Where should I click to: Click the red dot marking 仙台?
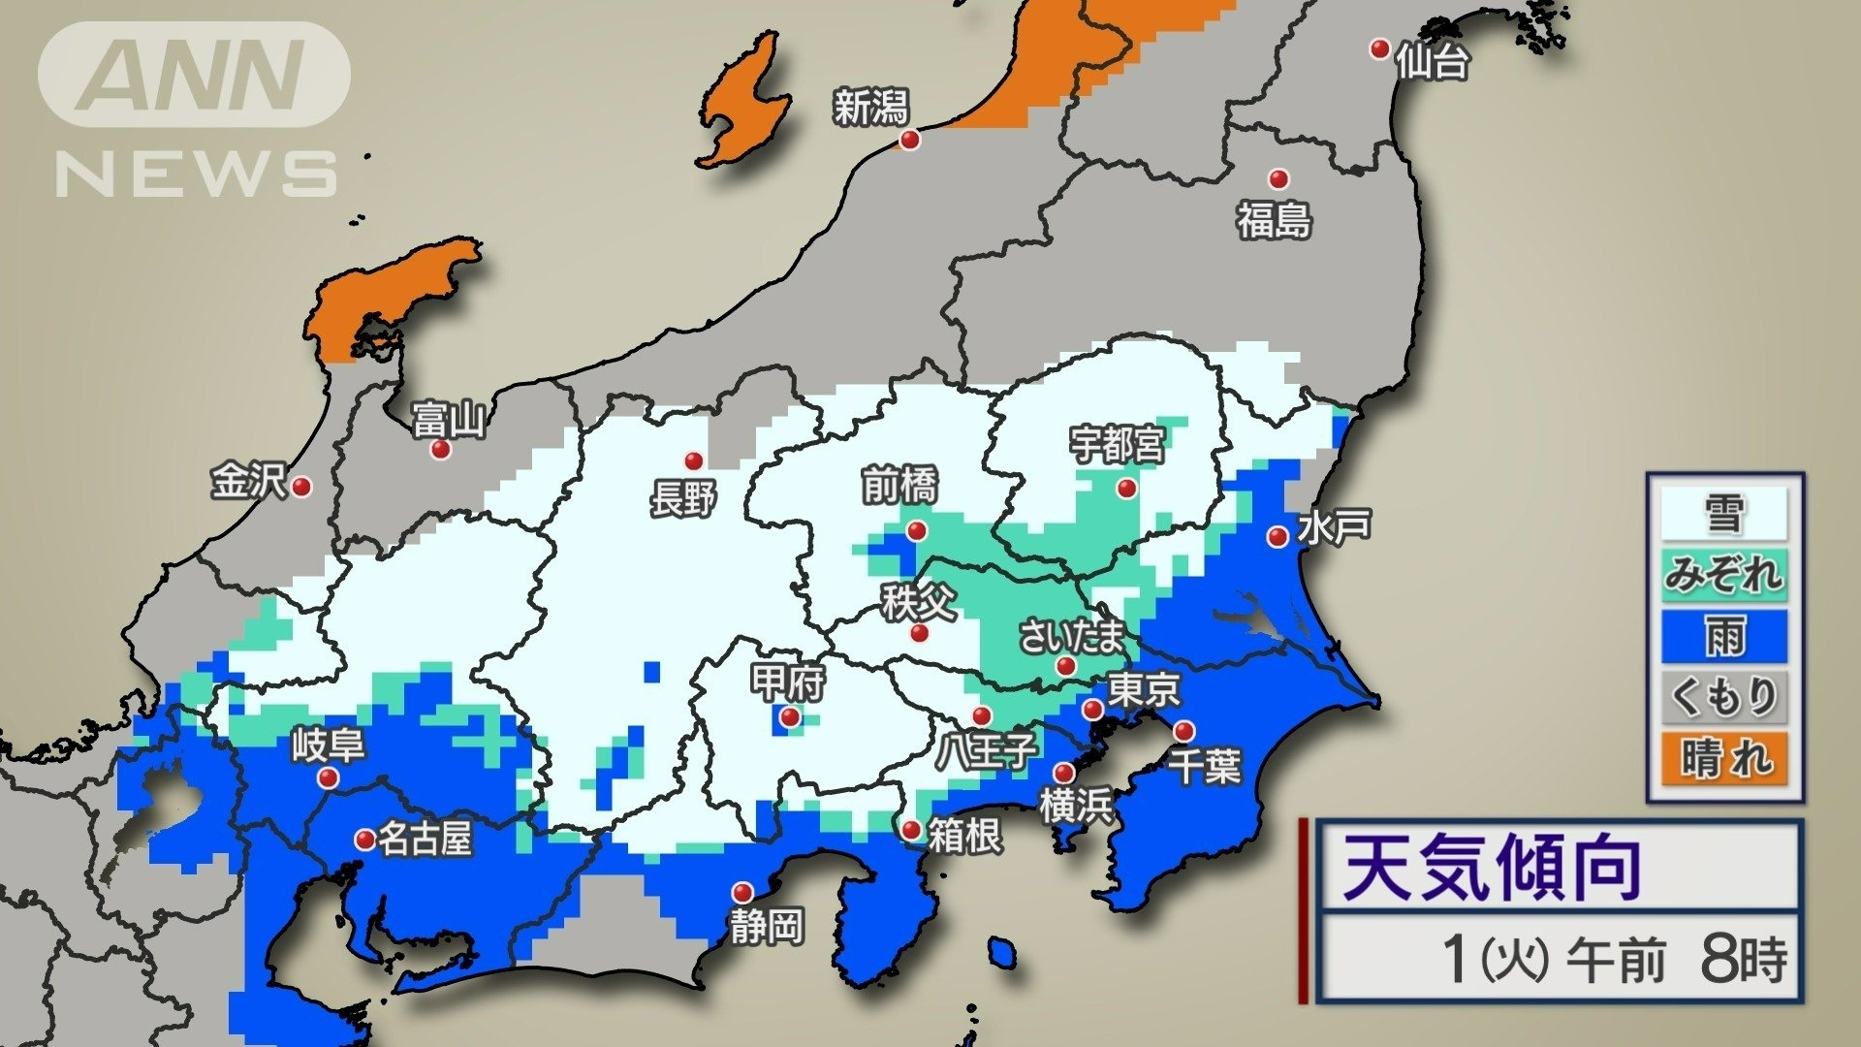(x=1379, y=48)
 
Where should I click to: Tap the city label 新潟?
(x=870, y=107)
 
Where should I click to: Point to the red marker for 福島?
(x=1278, y=178)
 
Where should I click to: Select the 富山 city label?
(x=448, y=421)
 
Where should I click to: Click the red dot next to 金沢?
(x=301, y=487)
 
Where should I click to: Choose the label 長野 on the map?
(x=683, y=500)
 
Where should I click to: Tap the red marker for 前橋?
(x=916, y=530)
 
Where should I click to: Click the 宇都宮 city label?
(x=1117, y=445)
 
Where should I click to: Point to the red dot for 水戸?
(x=1277, y=536)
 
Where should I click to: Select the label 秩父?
(x=918, y=602)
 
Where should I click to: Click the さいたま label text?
(x=1071, y=637)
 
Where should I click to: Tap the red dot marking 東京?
(x=1093, y=710)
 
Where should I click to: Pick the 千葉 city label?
(x=1204, y=766)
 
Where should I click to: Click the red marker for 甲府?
(x=790, y=717)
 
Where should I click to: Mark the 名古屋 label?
(x=424, y=839)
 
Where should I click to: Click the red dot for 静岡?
(x=742, y=892)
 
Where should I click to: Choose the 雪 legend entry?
(x=1723, y=513)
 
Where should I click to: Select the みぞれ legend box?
(x=1723, y=575)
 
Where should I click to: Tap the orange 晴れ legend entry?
(x=1723, y=757)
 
